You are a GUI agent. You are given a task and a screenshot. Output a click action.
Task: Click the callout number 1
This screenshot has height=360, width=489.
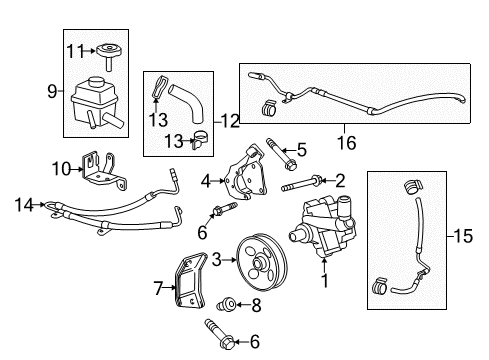click(x=323, y=283)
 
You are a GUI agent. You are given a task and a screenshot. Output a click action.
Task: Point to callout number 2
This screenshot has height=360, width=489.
click(x=340, y=180)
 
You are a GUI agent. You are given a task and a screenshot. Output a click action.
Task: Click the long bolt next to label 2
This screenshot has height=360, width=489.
click(x=300, y=185)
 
